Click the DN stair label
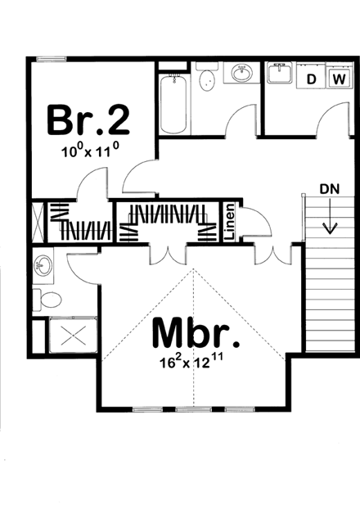(x=329, y=189)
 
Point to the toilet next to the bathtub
(x=208, y=79)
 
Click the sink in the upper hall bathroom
(x=242, y=75)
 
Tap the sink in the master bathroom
(x=43, y=266)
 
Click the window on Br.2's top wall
(x=52, y=58)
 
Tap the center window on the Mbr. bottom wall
(x=194, y=408)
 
